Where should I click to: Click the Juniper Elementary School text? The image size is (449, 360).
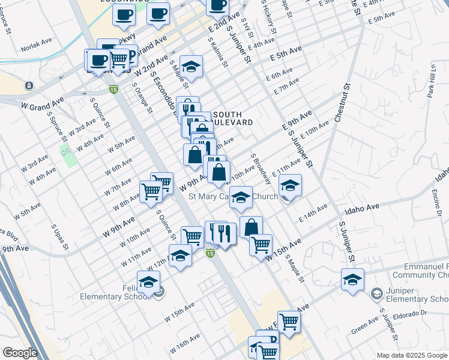click(x=416, y=294)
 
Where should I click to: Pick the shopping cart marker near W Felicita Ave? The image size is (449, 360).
click(x=289, y=322)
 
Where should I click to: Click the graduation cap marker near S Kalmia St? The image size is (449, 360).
click(x=191, y=67)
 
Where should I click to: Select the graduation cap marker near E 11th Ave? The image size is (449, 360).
click(x=290, y=185)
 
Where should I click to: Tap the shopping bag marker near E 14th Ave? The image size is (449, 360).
click(x=251, y=227)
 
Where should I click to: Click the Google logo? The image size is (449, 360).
click(x=20, y=353)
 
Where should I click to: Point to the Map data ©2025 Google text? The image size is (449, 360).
click(x=411, y=355)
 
